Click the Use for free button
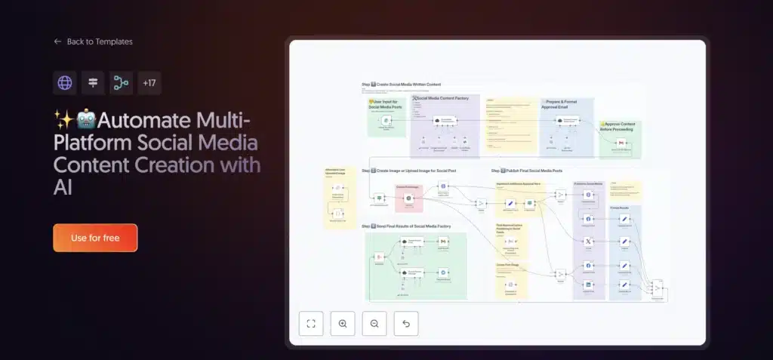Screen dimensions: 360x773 tap(95, 238)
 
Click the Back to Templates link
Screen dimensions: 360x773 tap(100, 42)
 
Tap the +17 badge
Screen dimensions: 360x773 tap(149, 83)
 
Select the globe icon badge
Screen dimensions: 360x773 tap(65, 83)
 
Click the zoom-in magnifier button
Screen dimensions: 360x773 tap(343, 324)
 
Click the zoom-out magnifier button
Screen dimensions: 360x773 tap(374, 324)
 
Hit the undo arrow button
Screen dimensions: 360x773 tap(406, 324)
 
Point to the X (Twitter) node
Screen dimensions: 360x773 tap(589, 241)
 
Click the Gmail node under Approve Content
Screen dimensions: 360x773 tap(621, 143)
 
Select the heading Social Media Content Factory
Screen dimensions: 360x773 tap(444, 98)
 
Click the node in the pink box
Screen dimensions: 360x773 tap(408, 198)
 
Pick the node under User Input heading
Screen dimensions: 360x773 tap(386, 120)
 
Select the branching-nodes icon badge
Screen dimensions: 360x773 tap(121, 83)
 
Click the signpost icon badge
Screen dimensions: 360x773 tap(93, 83)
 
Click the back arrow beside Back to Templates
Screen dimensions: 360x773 tap(57, 42)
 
